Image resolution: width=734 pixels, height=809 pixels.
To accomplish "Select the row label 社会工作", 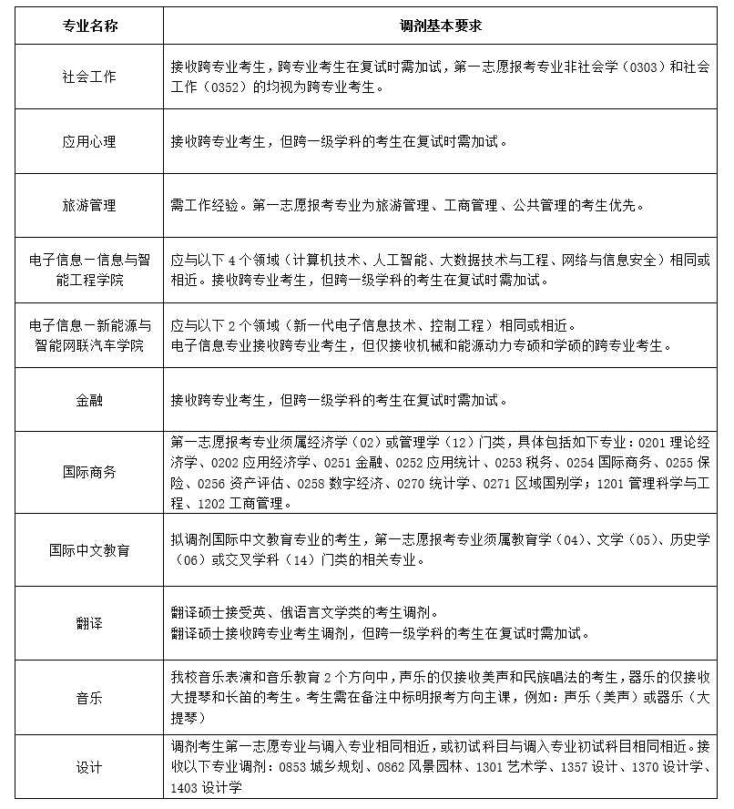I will pyautogui.click(x=89, y=77).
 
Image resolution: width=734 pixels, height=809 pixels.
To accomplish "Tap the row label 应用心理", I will pyautogui.click(x=89, y=142).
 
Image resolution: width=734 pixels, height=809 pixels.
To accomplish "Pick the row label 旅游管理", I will pyautogui.click(x=89, y=206).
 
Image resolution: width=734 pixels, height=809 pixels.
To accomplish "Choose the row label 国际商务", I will pyautogui.click(x=89, y=472).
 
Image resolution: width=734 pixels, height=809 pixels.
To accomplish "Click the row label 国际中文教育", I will pyautogui.click(x=89, y=551).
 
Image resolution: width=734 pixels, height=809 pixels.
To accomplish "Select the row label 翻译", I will pyautogui.click(x=89, y=624).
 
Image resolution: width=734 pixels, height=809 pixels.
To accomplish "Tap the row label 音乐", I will pyautogui.click(x=89, y=697).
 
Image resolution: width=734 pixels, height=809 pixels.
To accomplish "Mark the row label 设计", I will pyautogui.click(x=89, y=766).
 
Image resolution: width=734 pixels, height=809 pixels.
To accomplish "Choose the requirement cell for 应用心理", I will pyautogui.click(x=337, y=142).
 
